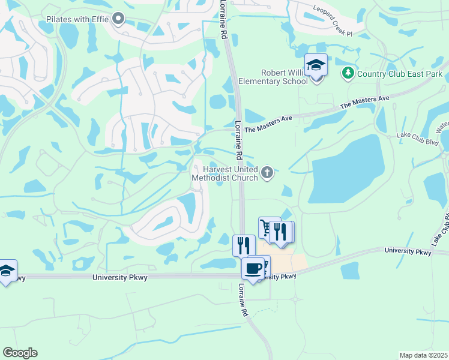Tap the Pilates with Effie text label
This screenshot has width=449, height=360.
pos(77,19)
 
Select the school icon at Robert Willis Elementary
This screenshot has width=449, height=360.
pos(316,65)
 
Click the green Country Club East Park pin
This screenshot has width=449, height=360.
pos(348,74)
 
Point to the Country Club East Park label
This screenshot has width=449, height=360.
pos(400,74)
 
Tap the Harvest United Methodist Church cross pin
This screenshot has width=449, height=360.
pos(268,173)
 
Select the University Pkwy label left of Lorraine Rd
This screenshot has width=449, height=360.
pos(118,277)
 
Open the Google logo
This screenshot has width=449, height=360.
pos(20,353)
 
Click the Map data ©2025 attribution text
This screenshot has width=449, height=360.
pos(423,355)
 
